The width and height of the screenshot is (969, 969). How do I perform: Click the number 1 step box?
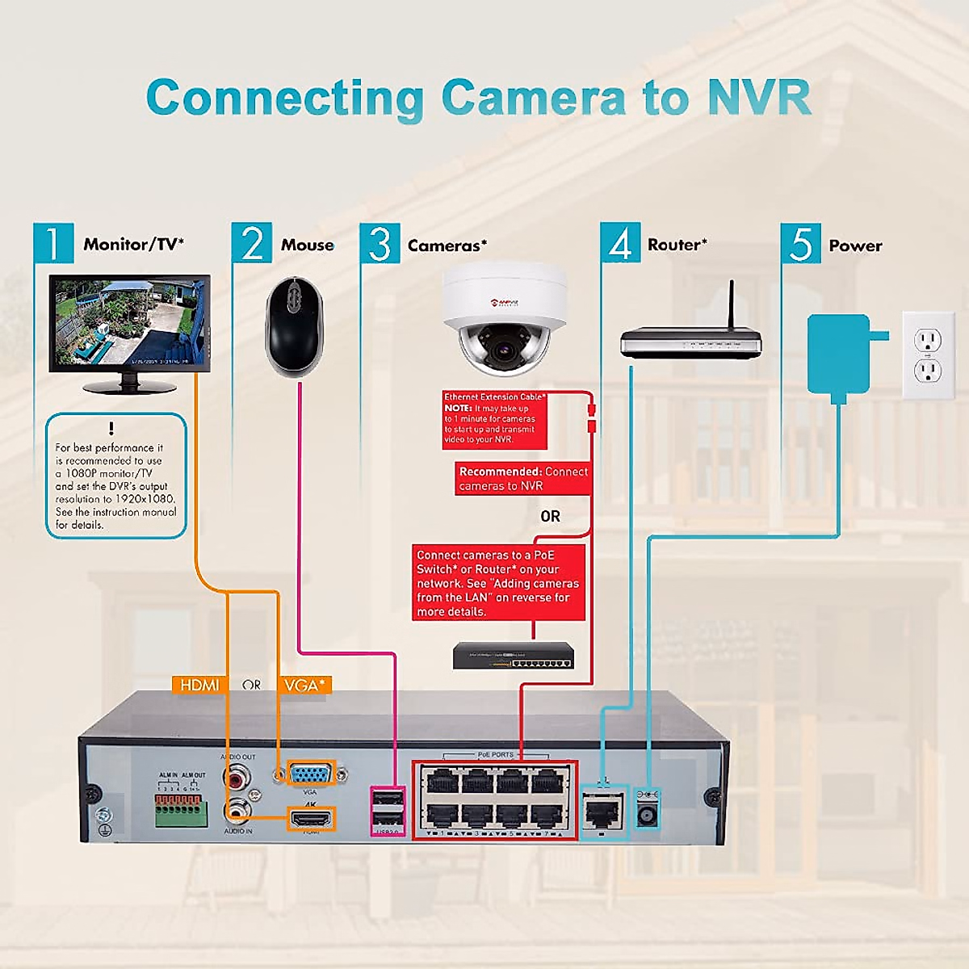(x=53, y=243)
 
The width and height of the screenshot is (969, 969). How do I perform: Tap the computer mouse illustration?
(x=295, y=327)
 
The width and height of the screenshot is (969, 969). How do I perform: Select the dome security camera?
(x=505, y=319)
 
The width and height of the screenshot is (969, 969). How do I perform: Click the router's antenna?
(x=732, y=305)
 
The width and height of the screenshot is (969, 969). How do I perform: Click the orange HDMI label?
(x=199, y=685)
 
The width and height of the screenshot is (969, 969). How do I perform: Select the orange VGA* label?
(x=304, y=685)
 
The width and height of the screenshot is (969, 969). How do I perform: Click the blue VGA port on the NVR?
(x=311, y=774)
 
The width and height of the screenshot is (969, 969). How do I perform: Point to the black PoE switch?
(x=514, y=655)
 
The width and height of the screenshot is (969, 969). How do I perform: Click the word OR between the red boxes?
(x=550, y=516)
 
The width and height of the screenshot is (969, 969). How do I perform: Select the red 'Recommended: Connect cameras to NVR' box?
(x=522, y=479)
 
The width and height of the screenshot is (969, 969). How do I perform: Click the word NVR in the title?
(x=758, y=98)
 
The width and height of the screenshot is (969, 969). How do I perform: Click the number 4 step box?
(x=620, y=243)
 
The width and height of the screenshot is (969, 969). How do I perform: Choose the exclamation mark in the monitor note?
(x=111, y=428)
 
